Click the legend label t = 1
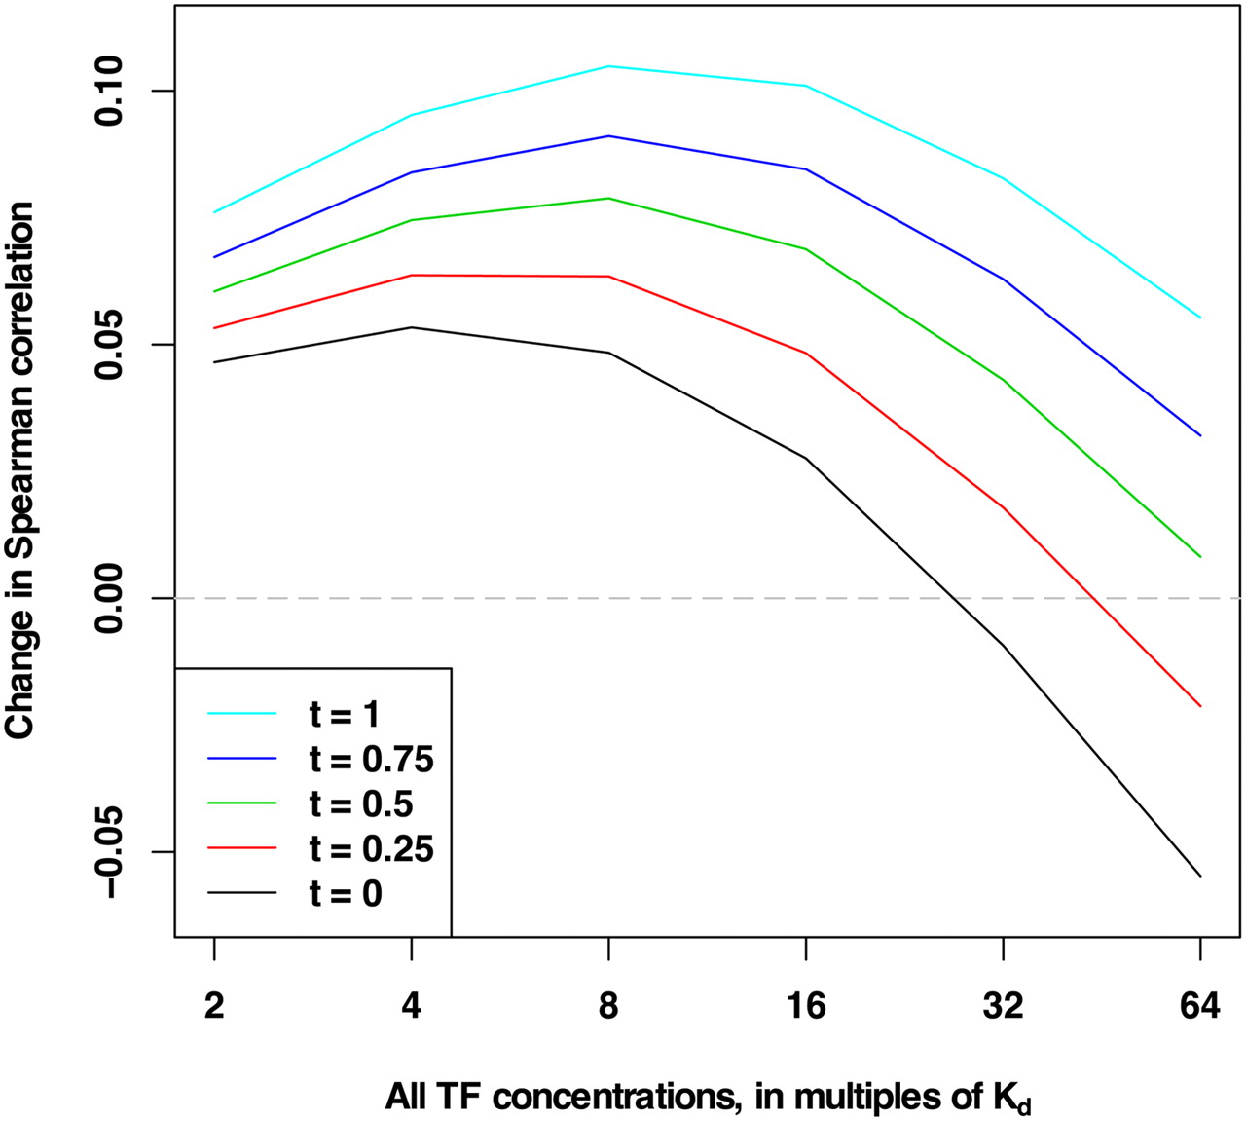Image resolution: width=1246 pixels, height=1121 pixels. tap(344, 714)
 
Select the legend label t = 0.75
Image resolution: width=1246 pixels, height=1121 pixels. tap(372, 759)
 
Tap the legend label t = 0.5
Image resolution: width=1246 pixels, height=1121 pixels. tap(361, 803)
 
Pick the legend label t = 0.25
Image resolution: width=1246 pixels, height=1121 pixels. tap(372, 848)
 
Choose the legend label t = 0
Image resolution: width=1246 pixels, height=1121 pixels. tap(346, 893)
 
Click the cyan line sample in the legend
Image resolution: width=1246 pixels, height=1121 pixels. tap(241, 713)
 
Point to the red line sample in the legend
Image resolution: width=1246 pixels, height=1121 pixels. tap(241, 848)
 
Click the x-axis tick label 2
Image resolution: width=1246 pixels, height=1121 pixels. tap(214, 1006)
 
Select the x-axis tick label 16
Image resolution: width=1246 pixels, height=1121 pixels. tap(806, 1006)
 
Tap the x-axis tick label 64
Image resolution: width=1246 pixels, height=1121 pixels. tap(1200, 1006)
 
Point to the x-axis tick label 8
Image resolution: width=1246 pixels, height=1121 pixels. tap(608, 1006)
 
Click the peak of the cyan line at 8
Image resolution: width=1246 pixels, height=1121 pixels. tap(608, 66)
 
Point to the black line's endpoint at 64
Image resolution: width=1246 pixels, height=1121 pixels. tap(1200, 876)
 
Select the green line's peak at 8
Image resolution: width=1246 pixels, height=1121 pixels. tap(608, 199)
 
